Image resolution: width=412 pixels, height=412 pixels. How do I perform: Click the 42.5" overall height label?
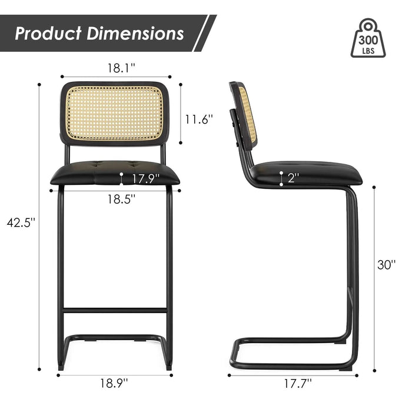pyautogui.click(x=21, y=222)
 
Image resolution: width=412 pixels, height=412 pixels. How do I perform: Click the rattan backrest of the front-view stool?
pyautogui.click(x=115, y=113)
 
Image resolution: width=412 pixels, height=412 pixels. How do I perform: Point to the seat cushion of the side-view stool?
pyautogui.click(x=306, y=172)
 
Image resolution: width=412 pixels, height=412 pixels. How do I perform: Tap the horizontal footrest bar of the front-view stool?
pyautogui.click(x=115, y=310)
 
